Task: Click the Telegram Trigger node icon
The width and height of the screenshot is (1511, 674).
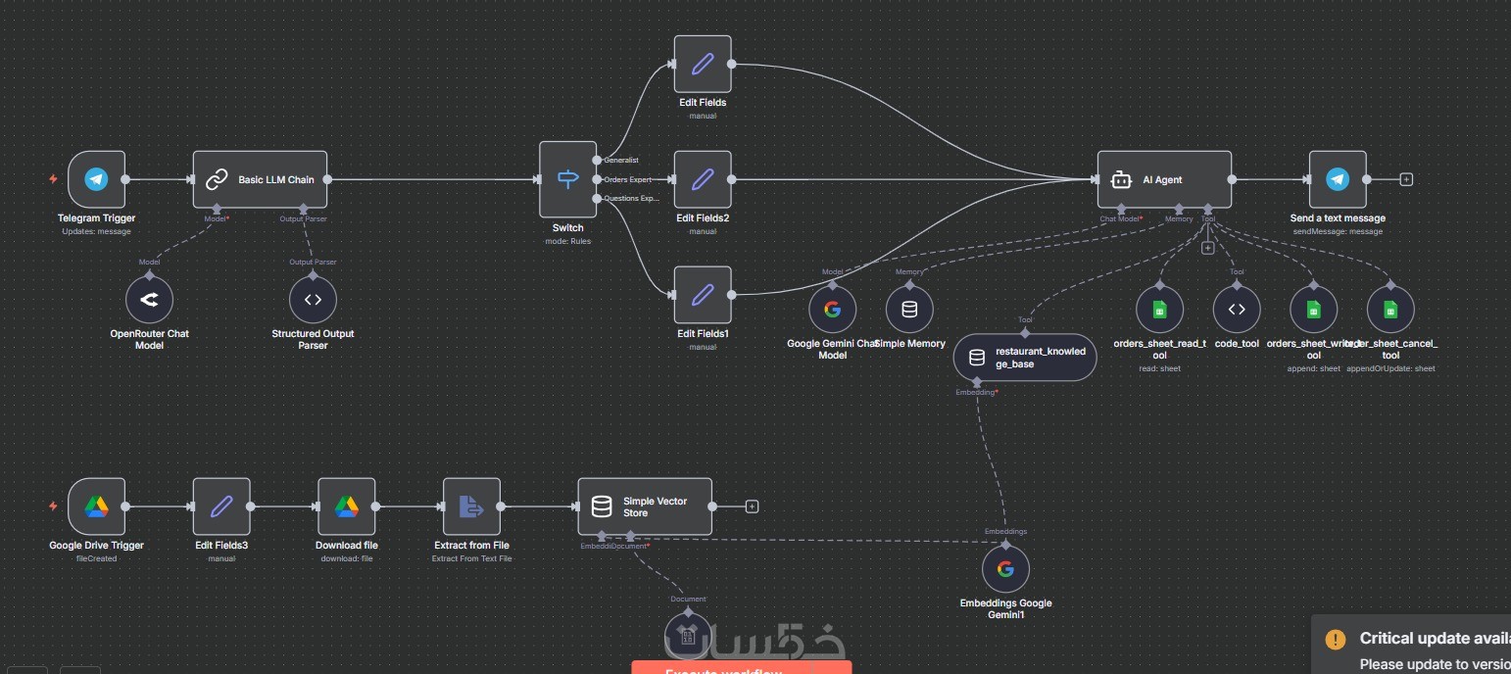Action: click(x=96, y=179)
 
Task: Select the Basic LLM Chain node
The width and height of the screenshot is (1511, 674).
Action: click(x=260, y=179)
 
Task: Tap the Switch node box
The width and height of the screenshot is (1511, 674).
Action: click(x=567, y=179)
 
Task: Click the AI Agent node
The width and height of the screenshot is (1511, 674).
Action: click(x=1164, y=179)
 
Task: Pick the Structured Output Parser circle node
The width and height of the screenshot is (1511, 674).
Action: click(x=313, y=300)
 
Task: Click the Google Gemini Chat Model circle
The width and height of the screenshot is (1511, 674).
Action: click(x=832, y=310)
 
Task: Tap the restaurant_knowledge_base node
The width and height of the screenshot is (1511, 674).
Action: click(x=1024, y=358)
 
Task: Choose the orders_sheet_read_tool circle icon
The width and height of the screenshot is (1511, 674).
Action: click(x=1160, y=310)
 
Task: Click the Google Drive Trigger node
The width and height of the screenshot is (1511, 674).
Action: click(x=96, y=506)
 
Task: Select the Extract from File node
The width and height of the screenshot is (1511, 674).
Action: click(x=471, y=506)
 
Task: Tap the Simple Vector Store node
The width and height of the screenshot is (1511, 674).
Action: click(x=645, y=506)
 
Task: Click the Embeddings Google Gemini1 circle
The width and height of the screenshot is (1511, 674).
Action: click(x=1005, y=569)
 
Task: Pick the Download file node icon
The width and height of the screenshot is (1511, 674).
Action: click(x=347, y=506)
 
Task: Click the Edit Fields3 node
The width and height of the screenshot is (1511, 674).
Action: click(x=221, y=506)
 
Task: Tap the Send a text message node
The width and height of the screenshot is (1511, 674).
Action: click(x=1338, y=179)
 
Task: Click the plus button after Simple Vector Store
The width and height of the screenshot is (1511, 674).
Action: click(x=753, y=506)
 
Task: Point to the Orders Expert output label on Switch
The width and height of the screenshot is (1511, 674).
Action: click(x=628, y=179)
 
